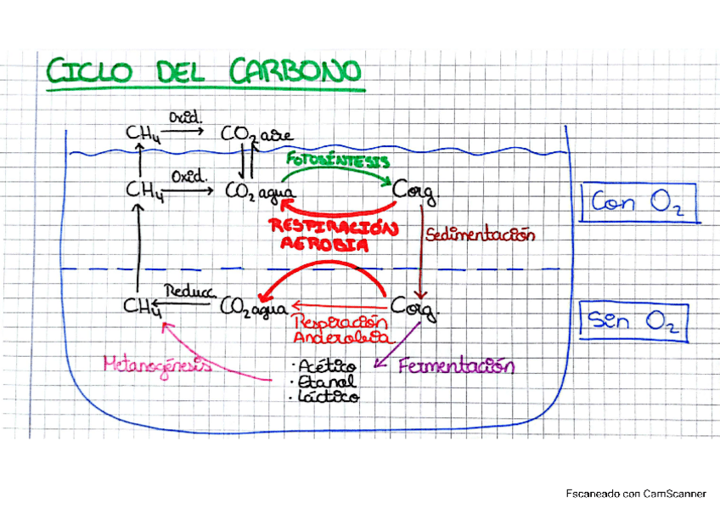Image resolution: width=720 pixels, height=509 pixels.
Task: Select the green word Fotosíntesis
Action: click(x=338, y=160)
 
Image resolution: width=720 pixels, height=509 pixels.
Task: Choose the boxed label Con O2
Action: click(x=636, y=204)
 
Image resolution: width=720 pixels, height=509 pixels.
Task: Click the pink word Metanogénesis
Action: click(x=157, y=365)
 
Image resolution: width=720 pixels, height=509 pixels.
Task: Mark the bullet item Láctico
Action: click(x=327, y=396)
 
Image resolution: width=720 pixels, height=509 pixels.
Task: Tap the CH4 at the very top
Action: click(x=138, y=133)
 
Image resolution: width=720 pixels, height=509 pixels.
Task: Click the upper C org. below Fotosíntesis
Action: click(x=415, y=192)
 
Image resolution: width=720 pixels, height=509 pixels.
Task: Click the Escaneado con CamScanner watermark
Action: click(x=636, y=493)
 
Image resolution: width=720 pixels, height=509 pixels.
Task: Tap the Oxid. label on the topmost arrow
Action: click(x=183, y=116)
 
